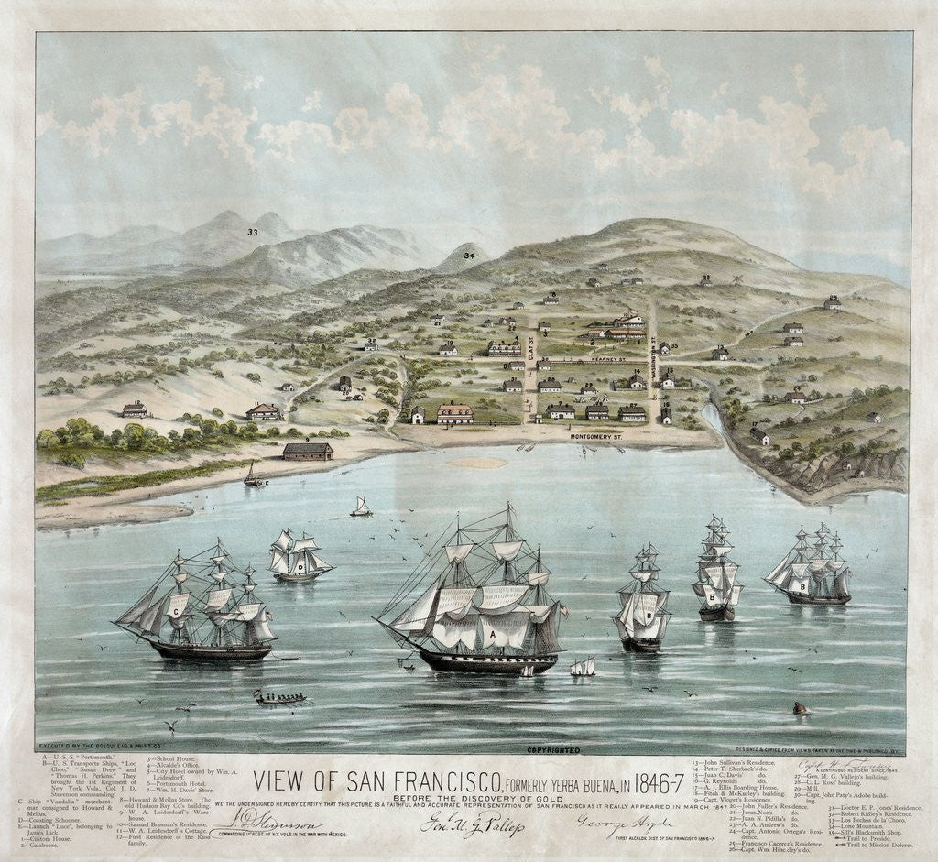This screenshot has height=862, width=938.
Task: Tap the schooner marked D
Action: click(x=300, y=557)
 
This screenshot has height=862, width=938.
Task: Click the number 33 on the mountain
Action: click(x=252, y=233)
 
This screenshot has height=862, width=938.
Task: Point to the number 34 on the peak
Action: click(x=469, y=256)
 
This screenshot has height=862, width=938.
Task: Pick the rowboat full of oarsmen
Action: click(x=279, y=699)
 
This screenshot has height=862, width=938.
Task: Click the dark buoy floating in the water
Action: click(x=801, y=708)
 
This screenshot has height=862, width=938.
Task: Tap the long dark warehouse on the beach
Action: click(x=308, y=451)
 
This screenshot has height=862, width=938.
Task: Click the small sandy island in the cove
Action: click(x=478, y=463)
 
